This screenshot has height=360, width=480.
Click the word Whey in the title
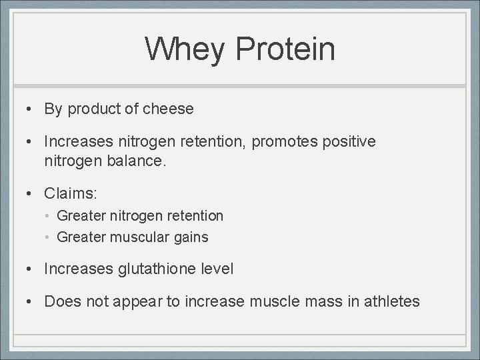click(183, 49)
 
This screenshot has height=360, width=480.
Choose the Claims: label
click(71, 193)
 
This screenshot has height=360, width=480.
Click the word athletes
click(394, 301)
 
